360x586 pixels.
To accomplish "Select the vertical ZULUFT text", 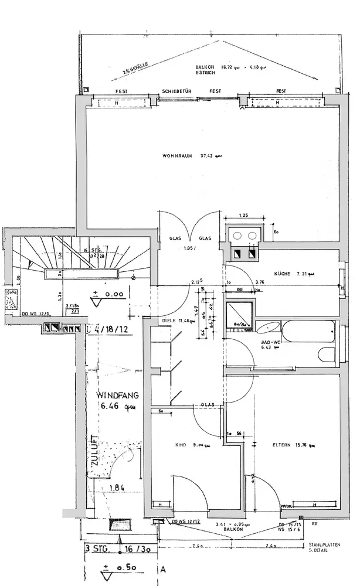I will click(x=94, y=451).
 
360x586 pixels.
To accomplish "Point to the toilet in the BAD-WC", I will click(x=325, y=354).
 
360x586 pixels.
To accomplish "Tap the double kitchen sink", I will click(x=244, y=236).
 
